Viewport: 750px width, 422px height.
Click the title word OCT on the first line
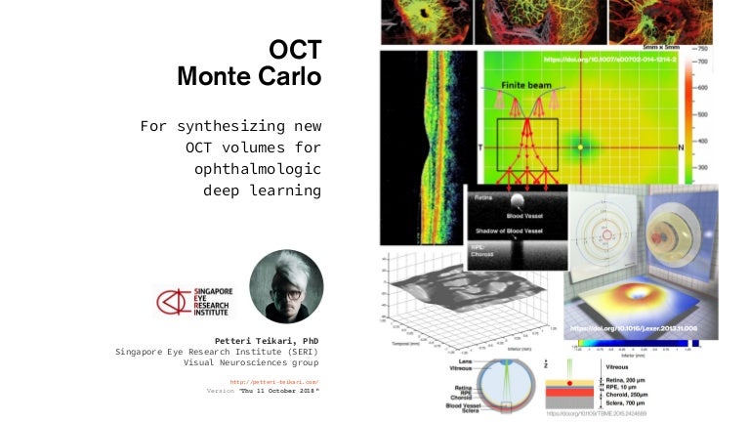click(x=296, y=49)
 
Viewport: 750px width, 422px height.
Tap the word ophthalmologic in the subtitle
click(x=258, y=169)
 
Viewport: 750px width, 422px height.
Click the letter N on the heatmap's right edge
click(x=679, y=147)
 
